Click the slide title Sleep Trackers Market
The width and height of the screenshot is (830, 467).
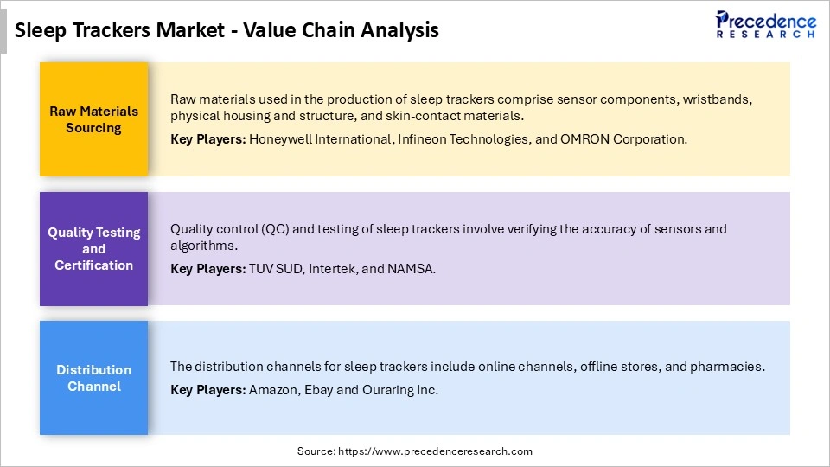(227, 30)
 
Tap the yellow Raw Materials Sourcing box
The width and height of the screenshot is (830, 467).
(93, 119)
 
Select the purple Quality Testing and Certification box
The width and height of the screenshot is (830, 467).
(93, 249)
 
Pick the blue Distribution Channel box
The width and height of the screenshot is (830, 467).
(93, 378)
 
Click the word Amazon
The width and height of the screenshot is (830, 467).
(272, 390)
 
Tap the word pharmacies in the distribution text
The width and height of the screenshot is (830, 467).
(730, 367)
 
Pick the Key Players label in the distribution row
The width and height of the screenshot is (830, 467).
(207, 390)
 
